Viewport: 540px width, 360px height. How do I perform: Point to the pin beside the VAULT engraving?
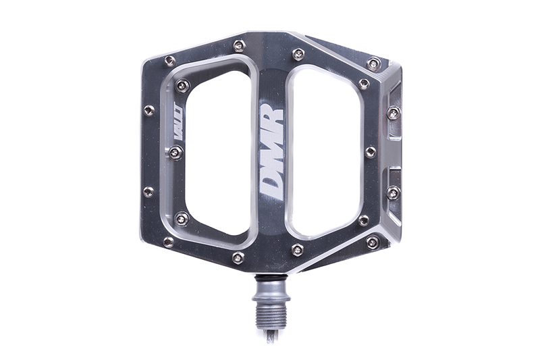(x=175, y=153)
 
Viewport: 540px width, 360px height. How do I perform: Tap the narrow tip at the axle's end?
(x=270, y=334)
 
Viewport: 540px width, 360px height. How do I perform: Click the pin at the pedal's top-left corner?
(x=169, y=61)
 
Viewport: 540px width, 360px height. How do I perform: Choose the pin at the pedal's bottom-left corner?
(x=169, y=241)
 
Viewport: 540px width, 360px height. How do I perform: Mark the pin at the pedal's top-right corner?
(x=373, y=63)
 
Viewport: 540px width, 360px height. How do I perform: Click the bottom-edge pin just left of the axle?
(x=238, y=257)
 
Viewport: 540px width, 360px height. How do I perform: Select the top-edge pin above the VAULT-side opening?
(x=239, y=46)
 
